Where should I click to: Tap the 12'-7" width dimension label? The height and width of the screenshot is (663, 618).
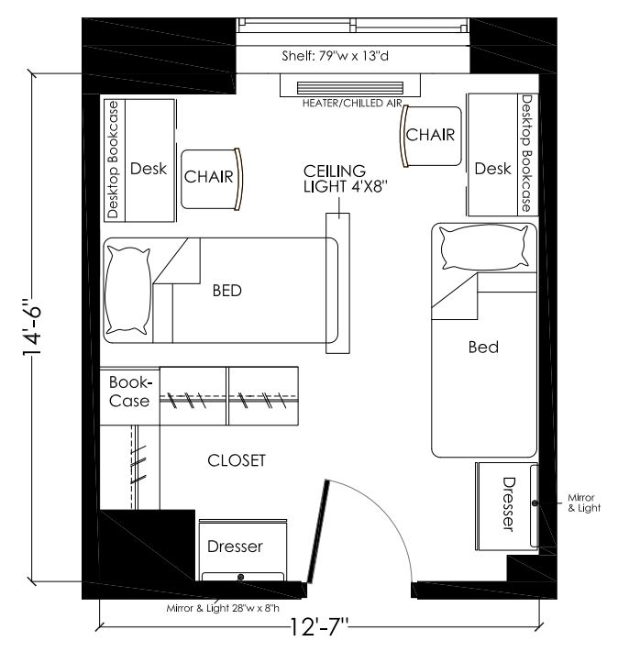coord(318,629)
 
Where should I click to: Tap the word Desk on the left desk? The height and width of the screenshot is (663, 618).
coord(148,169)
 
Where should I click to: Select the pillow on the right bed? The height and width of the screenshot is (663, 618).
coord(484,247)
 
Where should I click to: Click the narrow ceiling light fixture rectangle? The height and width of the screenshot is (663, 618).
coord(337,284)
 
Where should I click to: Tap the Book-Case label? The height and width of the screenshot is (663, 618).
coord(129,391)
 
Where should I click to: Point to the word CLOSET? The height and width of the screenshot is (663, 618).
coord(236,460)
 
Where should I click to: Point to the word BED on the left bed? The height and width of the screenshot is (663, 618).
coord(226,291)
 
